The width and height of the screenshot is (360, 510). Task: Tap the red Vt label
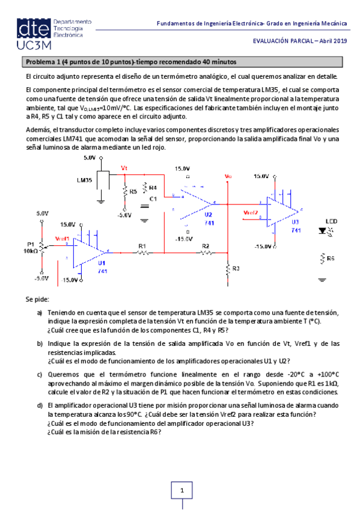[124, 168]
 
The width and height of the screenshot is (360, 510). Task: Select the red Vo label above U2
[228, 176]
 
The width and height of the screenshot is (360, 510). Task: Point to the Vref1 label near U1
[63, 238]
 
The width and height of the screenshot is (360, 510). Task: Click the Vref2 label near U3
[251, 212]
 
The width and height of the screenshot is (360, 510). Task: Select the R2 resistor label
[206, 245]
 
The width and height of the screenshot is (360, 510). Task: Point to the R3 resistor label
[236, 268]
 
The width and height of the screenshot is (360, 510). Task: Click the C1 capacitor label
[153, 198]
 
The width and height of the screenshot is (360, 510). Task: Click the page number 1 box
[181, 492]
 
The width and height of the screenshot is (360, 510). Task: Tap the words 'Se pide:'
[37, 299]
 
